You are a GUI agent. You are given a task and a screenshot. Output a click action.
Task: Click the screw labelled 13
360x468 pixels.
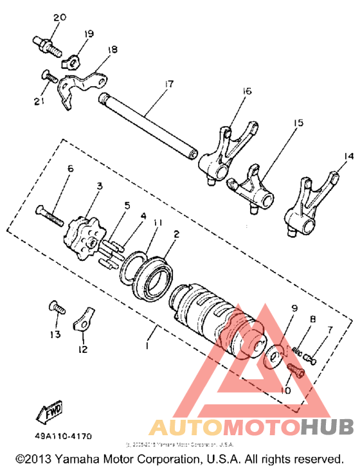click(55, 310)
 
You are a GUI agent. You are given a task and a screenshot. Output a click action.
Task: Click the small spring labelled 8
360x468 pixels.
click(299, 350)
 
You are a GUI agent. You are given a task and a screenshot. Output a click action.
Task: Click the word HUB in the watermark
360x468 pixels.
click(327, 426)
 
